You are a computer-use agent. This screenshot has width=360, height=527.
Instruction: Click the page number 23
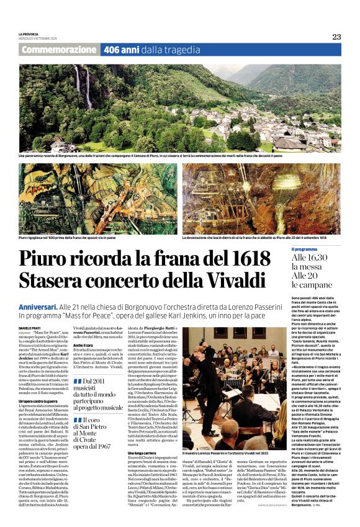[336, 37]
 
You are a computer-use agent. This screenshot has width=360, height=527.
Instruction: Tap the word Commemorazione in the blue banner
[59, 49]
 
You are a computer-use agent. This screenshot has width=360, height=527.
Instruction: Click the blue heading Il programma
[305, 249]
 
